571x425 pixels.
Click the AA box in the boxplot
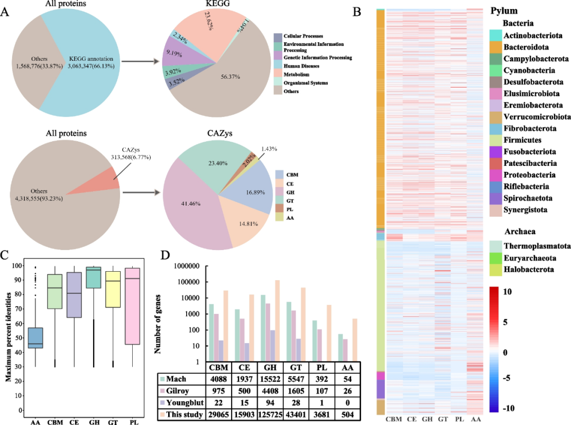coord(35,338)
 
